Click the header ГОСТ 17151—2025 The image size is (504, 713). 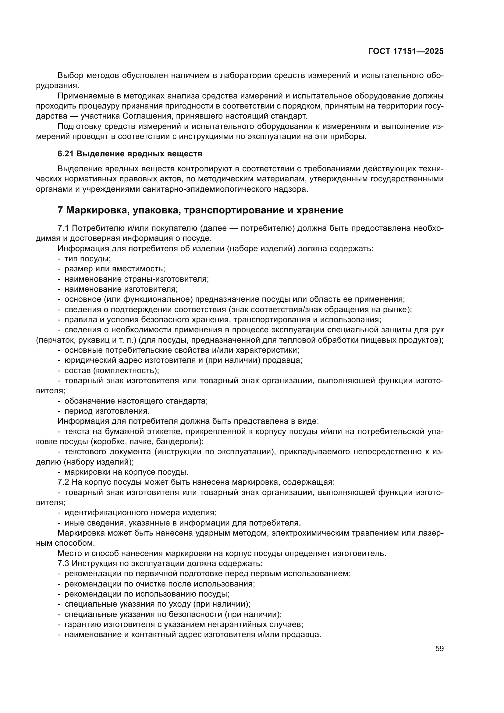(x=406, y=52)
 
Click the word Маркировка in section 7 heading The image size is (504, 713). (x=98, y=210)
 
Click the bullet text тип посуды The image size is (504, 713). (x=87, y=259)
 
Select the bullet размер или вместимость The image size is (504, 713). (x=115, y=269)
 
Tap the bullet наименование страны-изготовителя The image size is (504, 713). (x=137, y=279)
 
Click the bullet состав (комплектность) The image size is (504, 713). (x=112, y=370)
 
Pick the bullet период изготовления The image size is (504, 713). (x=107, y=411)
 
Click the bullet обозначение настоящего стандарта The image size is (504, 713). (x=136, y=401)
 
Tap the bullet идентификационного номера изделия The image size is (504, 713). (x=140, y=513)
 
